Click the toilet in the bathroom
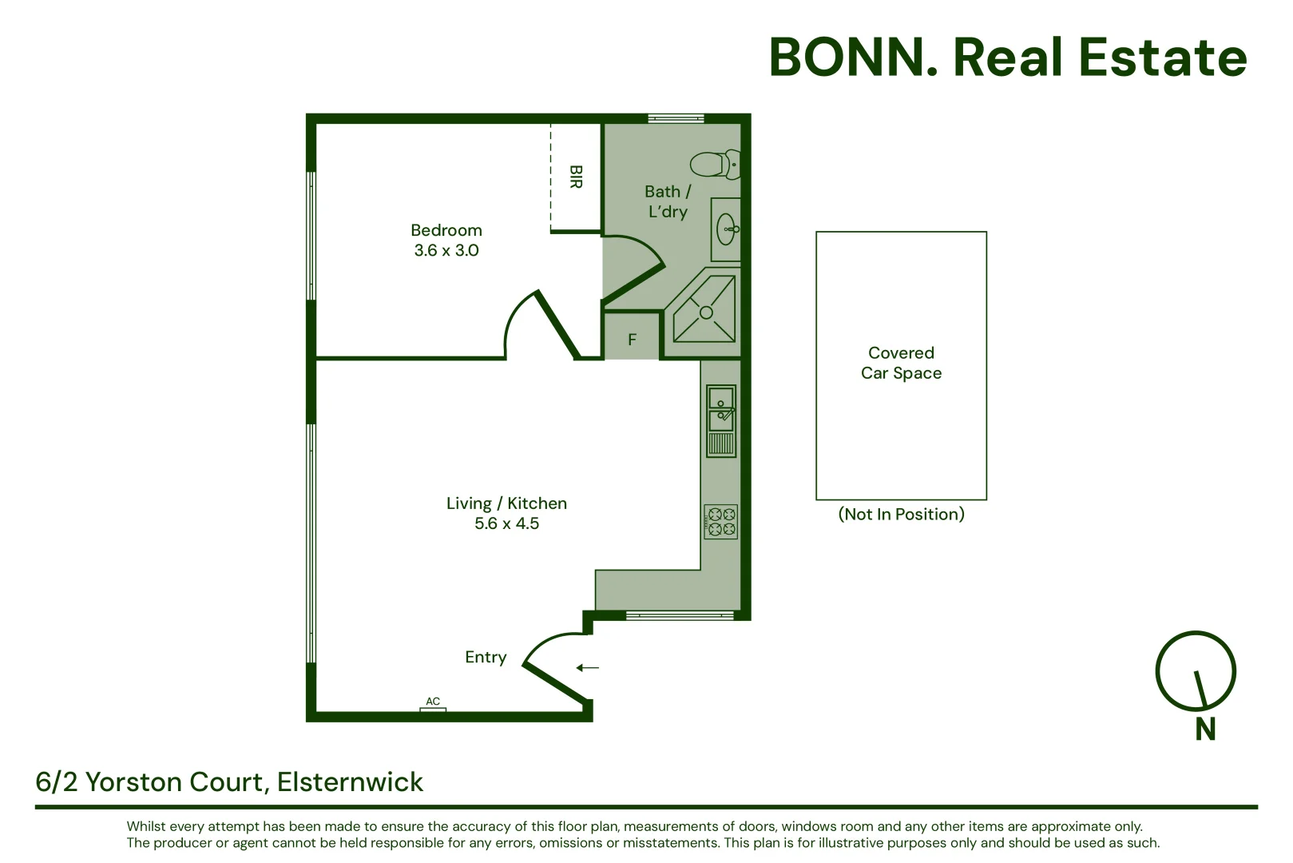click(715, 164)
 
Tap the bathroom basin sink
click(727, 229)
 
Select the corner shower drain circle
click(706, 312)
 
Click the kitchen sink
click(721, 421)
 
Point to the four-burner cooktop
click(721, 522)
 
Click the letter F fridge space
click(632, 339)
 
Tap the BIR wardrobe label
click(576, 177)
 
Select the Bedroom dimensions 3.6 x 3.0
click(446, 250)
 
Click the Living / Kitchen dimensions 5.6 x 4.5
click(507, 523)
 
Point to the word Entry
click(486, 658)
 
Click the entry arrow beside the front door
click(588, 668)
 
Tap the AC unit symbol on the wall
click(433, 710)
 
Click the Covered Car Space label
click(901, 363)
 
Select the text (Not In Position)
click(901, 514)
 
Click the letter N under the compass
click(1205, 729)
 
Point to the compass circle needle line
click(1201, 689)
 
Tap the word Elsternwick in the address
click(350, 782)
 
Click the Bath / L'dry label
click(668, 201)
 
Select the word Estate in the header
click(1163, 58)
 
